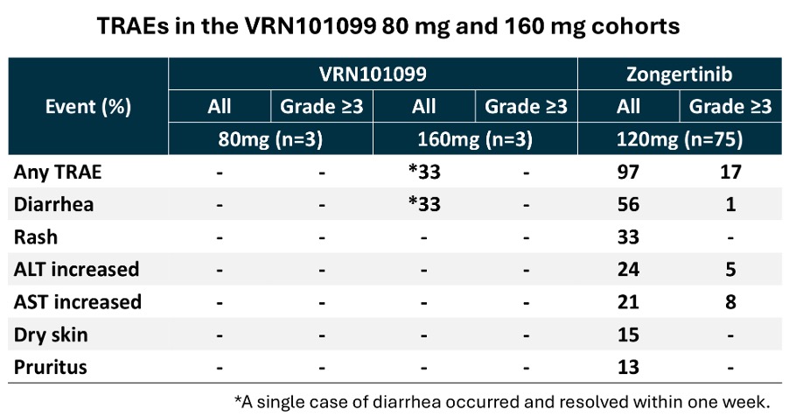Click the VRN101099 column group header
373,74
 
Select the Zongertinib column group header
680,74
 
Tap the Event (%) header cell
88,107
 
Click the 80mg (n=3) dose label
270,139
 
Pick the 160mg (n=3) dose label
475,139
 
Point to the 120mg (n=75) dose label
680,139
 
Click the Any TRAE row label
58,172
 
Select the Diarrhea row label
53,204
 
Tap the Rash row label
35,237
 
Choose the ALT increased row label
76,269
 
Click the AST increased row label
78,302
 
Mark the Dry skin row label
51,335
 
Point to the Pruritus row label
51,367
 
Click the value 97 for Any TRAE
628,173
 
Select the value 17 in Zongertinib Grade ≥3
730,173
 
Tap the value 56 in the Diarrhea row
628,205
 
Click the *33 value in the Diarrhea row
424,205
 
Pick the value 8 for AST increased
730,302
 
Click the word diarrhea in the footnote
407,402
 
